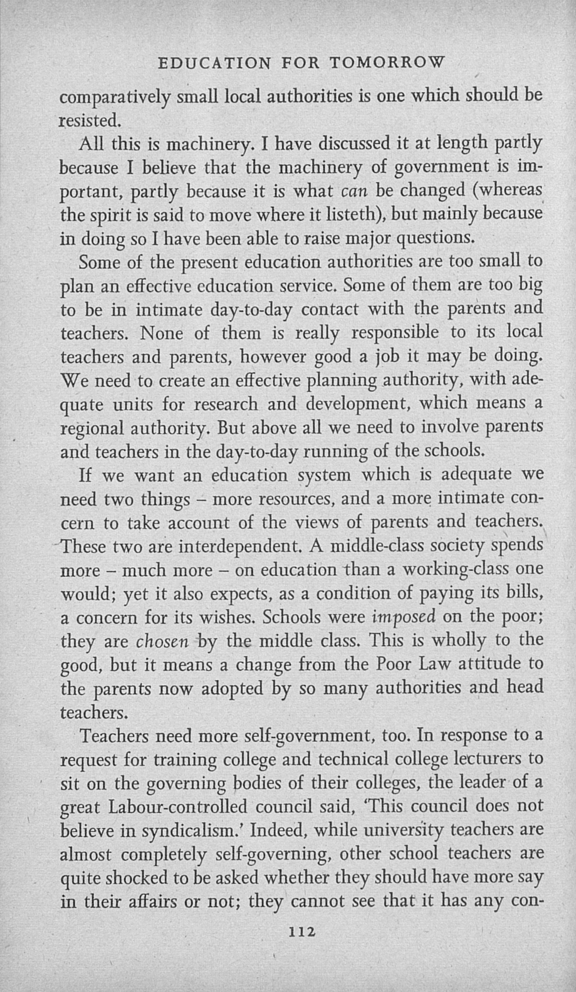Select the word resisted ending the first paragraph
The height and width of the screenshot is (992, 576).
(x=90, y=121)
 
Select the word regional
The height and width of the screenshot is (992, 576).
(x=92, y=429)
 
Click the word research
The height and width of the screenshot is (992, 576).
(x=226, y=405)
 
